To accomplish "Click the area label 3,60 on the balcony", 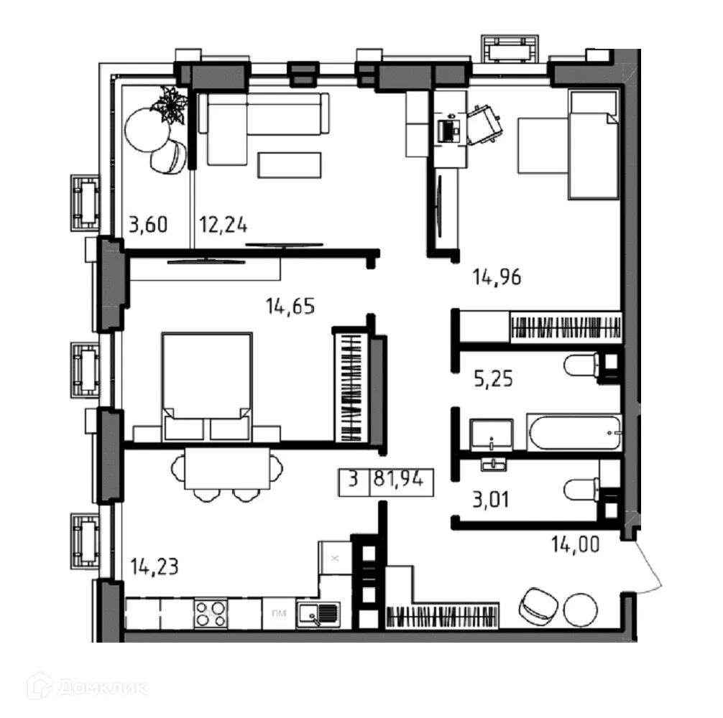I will pyautogui.click(x=148, y=225).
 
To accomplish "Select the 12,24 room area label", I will pyautogui.click(x=224, y=225).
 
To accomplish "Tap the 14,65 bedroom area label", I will pyautogui.click(x=290, y=307).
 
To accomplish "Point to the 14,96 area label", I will pyautogui.click(x=496, y=276).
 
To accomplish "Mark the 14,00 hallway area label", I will pyautogui.click(x=575, y=545).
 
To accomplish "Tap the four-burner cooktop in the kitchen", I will pyautogui.click(x=211, y=614).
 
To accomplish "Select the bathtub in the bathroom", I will pyautogui.click(x=572, y=432).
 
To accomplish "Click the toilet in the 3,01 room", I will pyautogui.click(x=582, y=490).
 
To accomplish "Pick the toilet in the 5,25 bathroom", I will pyautogui.click(x=582, y=366).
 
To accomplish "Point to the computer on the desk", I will pyautogui.click(x=449, y=129).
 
